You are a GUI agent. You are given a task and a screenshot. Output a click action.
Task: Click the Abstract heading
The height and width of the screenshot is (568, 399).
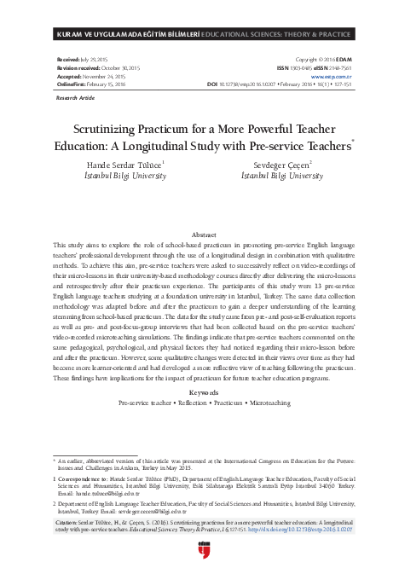(x=204, y=234)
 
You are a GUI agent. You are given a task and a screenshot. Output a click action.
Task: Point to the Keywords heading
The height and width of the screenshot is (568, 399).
(x=204, y=392)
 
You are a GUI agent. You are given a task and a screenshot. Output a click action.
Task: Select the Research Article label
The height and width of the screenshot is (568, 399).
(x=74, y=99)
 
